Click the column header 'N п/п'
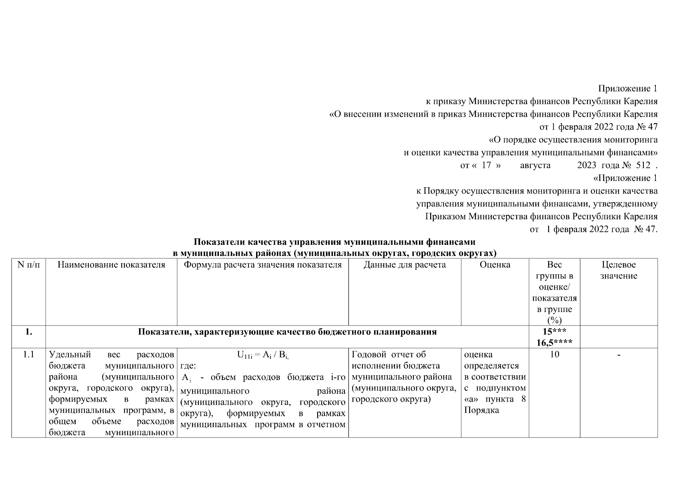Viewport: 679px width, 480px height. pyautogui.click(x=29, y=265)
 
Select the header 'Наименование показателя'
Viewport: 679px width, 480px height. pyautogui.click(x=111, y=265)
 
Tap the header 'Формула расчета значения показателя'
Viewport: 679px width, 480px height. pyautogui.click(x=262, y=265)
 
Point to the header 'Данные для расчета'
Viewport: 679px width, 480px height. pyautogui.click(x=405, y=265)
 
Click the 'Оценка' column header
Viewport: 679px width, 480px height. pyautogui.click(x=495, y=265)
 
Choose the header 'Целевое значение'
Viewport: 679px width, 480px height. pyautogui.click(x=619, y=270)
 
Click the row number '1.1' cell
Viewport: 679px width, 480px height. pyautogui.click(x=29, y=354)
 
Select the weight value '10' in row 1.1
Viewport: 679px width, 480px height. pyautogui.click(x=554, y=354)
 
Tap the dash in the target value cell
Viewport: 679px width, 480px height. pyautogui.click(x=619, y=354)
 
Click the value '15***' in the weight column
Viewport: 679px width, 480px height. pyautogui.click(x=554, y=332)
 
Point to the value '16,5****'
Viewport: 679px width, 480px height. pyautogui.click(x=554, y=342)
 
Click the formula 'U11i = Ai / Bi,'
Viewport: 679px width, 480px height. pyautogui.click(x=262, y=355)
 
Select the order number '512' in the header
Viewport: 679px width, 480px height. pyautogui.click(x=643, y=165)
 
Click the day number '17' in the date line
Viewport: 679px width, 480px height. pyautogui.click(x=486, y=165)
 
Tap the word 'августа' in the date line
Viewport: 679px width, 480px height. pyautogui.click(x=535, y=165)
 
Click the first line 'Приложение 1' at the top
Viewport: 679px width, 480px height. pyautogui.click(x=627, y=88)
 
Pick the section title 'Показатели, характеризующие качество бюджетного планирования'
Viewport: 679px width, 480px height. pyautogui.click(x=287, y=332)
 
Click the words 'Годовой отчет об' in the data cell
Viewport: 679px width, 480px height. pyautogui.click(x=389, y=354)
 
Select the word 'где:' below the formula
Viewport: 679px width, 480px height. pyautogui.click(x=188, y=366)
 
